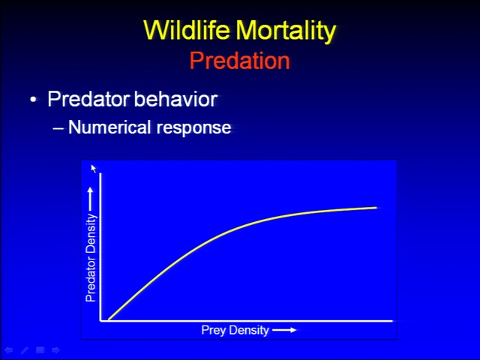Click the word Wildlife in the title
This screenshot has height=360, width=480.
click(187, 30)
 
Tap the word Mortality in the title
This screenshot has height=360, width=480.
click(286, 31)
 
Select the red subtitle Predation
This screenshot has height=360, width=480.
click(240, 60)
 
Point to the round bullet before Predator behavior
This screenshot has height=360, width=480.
click(33, 100)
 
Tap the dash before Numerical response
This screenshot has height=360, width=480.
click(58, 128)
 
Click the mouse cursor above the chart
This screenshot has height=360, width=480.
click(93, 168)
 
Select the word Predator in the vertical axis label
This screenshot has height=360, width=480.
click(91, 280)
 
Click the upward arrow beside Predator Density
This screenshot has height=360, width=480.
click(90, 199)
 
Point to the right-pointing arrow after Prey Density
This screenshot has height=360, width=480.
click(284, 330)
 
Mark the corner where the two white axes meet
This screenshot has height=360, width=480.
click(100, 321)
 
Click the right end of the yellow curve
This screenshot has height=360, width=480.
click(376, 208)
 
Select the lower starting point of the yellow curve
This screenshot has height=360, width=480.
click(109, 319)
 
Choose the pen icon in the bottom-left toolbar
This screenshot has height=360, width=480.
click(25, 350)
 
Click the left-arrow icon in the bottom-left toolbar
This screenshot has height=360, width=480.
click(8, 350)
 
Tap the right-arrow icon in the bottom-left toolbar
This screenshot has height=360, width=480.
click(55, 350)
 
